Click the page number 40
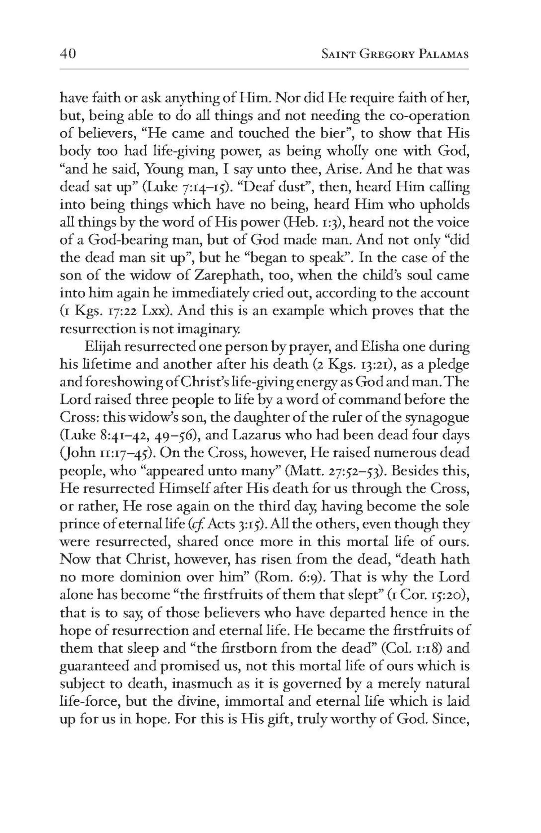pyautogui.click(x=67, y=54)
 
